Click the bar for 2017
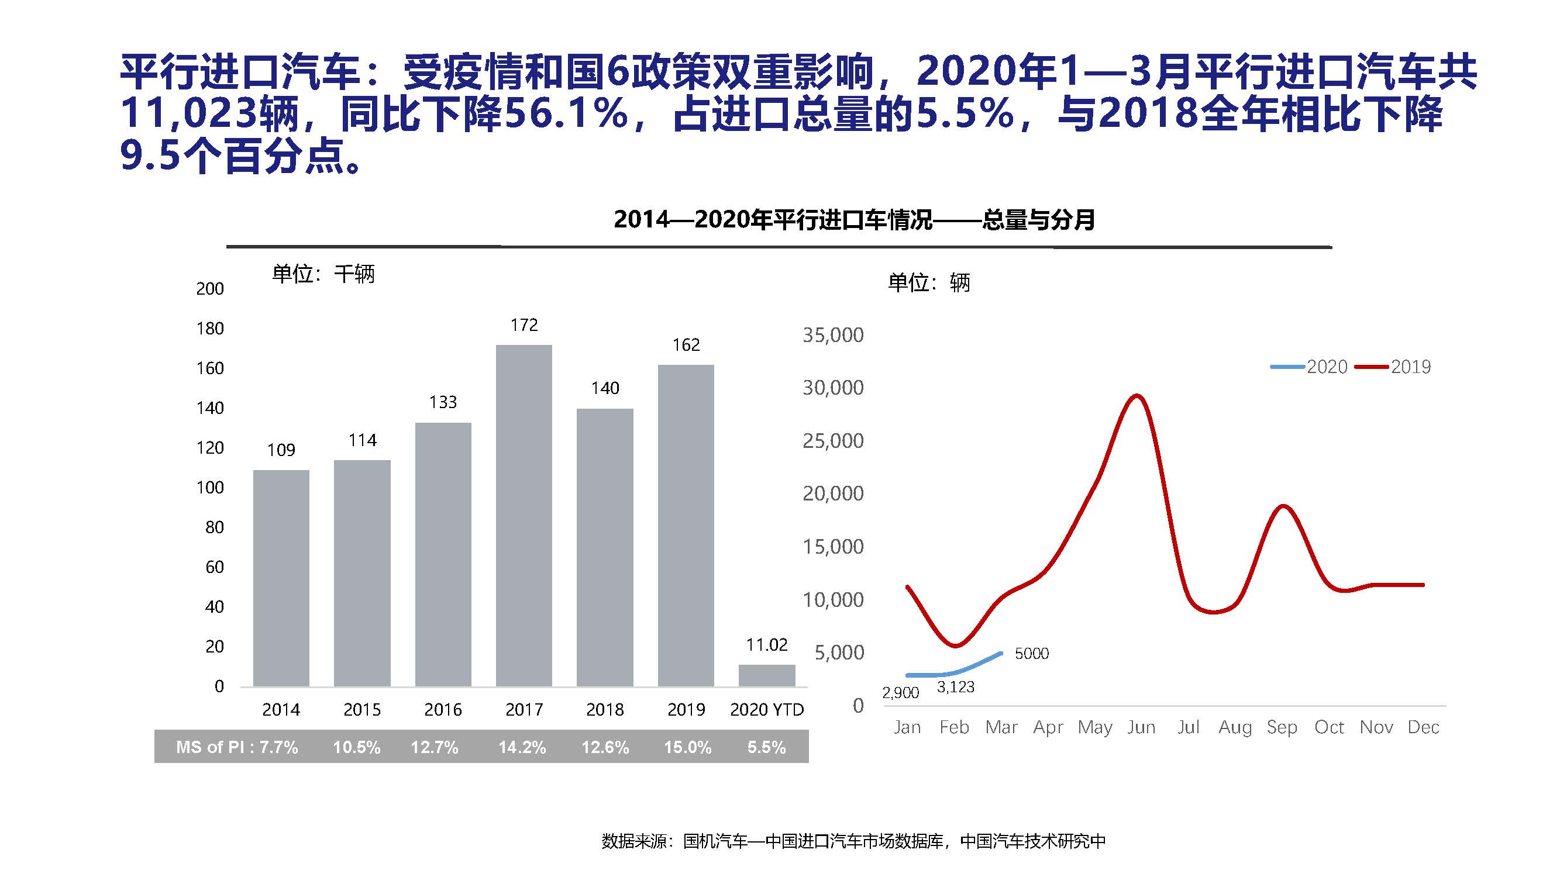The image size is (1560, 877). pos(524,515)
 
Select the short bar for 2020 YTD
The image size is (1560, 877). pos(767,675)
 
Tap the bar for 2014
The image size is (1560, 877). pos(281,578)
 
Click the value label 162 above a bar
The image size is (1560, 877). pos(686,345)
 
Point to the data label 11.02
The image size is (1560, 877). pos(767,644)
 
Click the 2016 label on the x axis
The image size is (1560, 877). pos(443,709)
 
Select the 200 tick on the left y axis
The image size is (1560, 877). pos(209,289)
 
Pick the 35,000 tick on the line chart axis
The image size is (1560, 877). pos(833,334)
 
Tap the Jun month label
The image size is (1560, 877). pos(1141,727)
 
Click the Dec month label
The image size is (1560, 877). pos(1423,727)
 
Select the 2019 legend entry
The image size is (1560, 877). pos(1393,367)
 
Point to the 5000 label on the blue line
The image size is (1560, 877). pos(1031,654)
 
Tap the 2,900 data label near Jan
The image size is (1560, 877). pos(901,693)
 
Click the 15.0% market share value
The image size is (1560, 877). pos(687,747)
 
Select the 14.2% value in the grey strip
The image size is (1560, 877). pos(522,747)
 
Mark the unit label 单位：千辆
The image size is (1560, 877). pos(323,274)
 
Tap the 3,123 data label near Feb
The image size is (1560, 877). pos(956,687)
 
